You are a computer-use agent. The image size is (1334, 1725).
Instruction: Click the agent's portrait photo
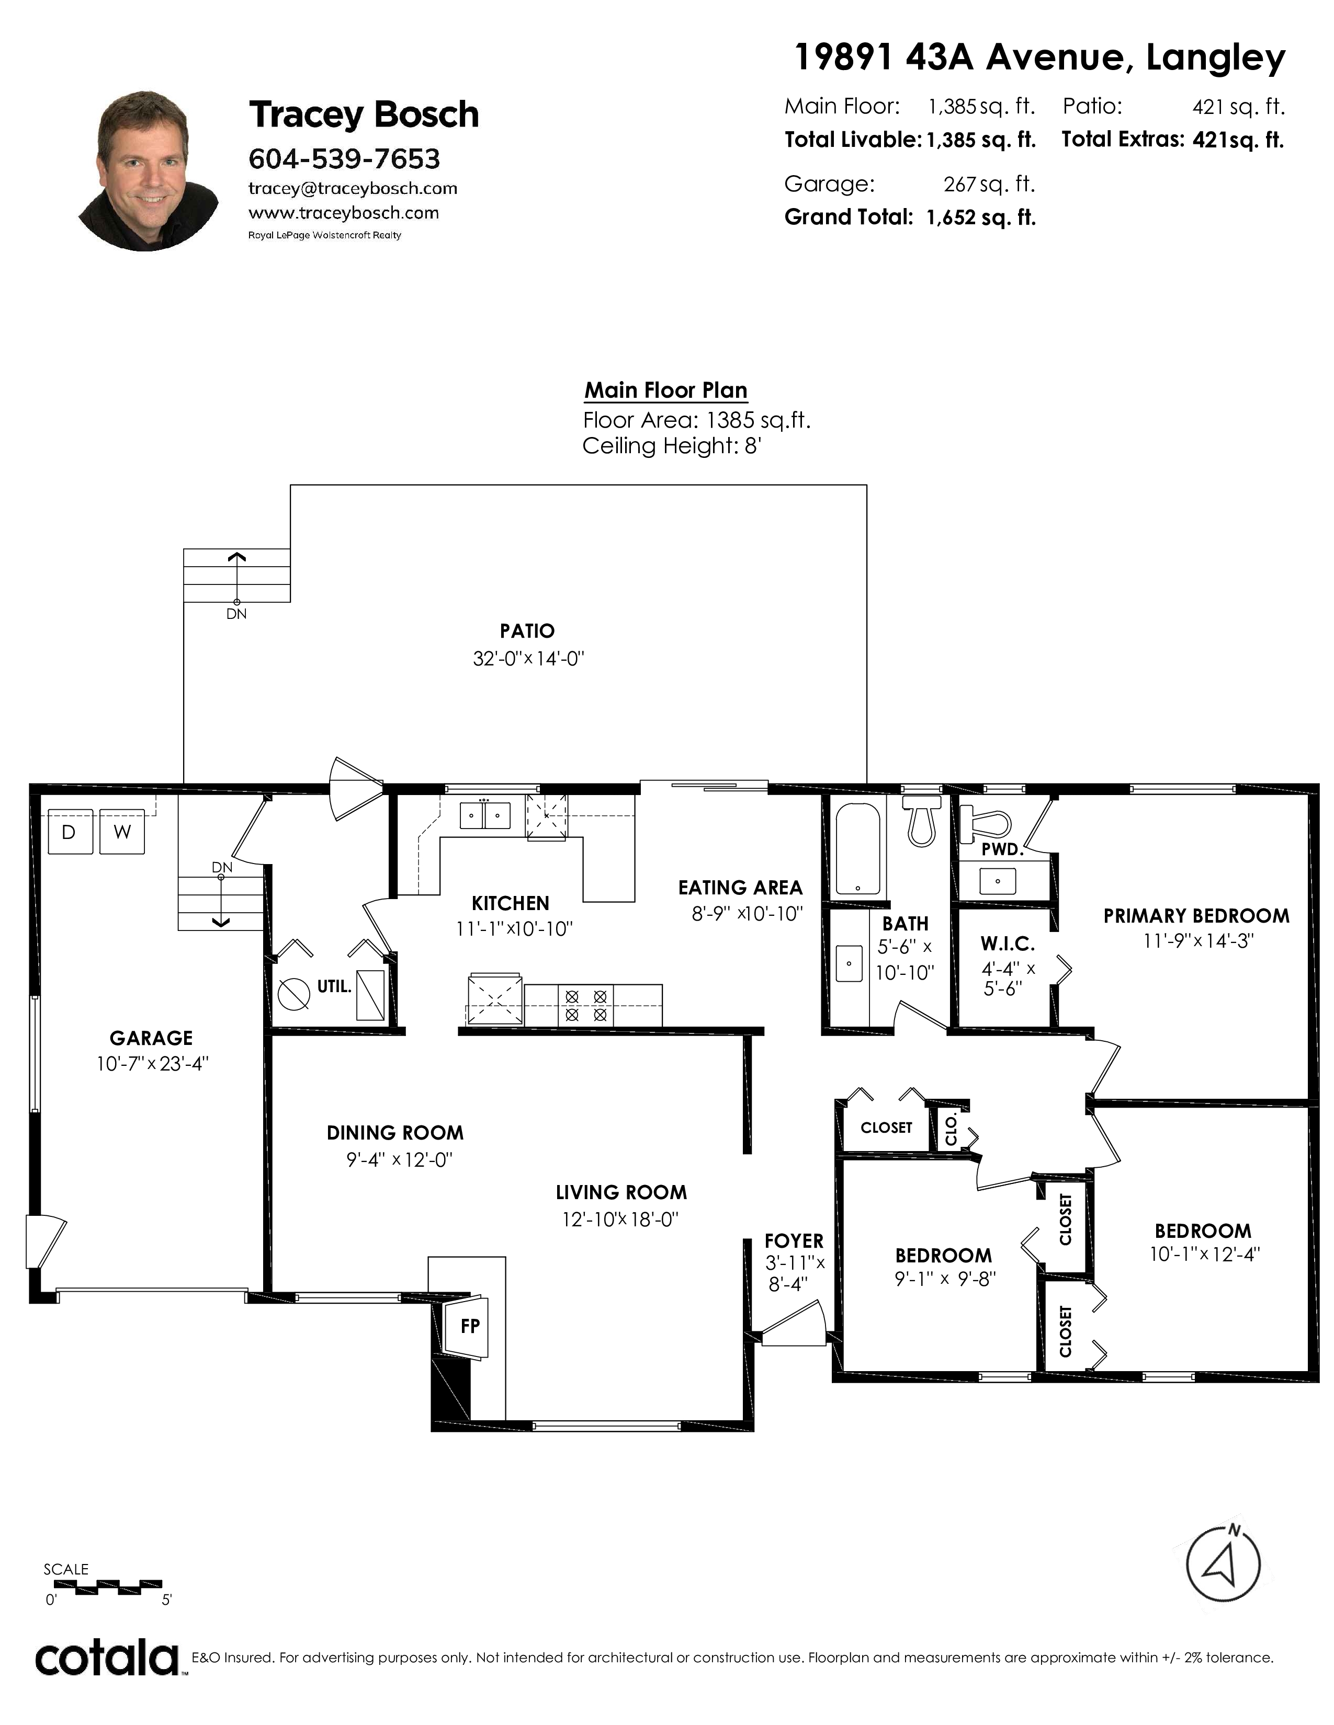coord(149,170)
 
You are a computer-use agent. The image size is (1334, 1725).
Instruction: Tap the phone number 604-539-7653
coord(344,159)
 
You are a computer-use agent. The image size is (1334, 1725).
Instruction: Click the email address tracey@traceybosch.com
coord(353,188)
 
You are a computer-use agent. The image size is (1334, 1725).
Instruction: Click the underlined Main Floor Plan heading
coord(665,390)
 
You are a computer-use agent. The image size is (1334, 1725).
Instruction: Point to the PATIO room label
coord(527,631)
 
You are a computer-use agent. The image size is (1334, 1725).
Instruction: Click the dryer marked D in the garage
coord(70,831)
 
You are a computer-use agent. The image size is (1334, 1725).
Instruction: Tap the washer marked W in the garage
coord(122,831)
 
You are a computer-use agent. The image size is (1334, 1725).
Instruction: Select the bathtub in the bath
coord(857,848)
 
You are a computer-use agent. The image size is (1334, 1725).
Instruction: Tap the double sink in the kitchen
coord(485,815)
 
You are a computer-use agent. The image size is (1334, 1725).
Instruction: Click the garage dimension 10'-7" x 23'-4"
coord(152,1064)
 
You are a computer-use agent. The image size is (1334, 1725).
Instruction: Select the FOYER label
coord(794,1241)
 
